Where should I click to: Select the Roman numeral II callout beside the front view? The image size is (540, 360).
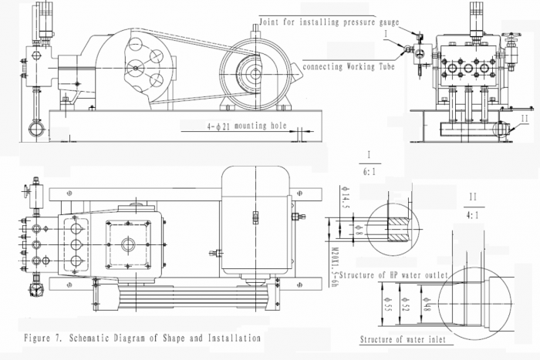(x=525, y=119)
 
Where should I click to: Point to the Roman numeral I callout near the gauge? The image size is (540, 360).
(x=385, y=34)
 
